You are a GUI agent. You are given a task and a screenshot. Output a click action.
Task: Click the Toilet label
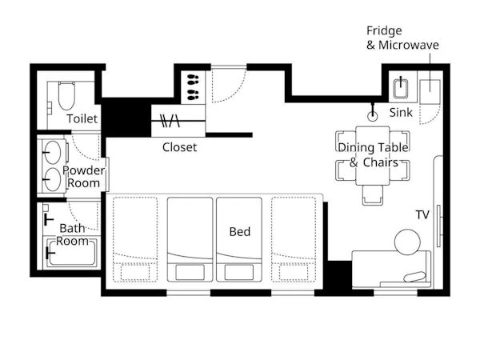(x=82, y=118)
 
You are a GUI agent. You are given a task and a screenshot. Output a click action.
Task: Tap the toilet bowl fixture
(x=66, y=95)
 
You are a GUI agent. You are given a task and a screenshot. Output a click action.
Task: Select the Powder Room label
(x=83, y=177)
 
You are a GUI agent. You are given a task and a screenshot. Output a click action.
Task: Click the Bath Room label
(x=72, y=234)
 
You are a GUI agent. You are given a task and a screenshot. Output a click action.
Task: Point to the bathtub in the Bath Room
(x=72, y=252)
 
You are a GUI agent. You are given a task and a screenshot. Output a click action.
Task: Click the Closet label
(x=179, y=147)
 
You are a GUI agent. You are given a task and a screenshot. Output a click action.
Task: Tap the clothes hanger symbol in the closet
(x=170, y=121)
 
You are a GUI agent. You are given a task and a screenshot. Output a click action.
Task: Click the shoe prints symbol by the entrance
(x=193, y=87)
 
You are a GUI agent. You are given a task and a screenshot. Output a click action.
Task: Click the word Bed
(x=240, y=231)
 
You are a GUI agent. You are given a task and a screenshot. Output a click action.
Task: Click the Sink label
(x=401, y=113)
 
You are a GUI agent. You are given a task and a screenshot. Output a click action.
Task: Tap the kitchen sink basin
(x=401, y=88)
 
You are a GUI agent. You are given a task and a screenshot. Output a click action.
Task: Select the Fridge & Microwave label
(x=402, y=38)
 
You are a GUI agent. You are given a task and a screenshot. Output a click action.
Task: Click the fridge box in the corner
(x=430, y=92)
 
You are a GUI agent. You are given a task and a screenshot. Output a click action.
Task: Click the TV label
(x=422, y=215)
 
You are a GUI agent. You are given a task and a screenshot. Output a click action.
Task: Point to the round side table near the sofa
(x=407, y=242)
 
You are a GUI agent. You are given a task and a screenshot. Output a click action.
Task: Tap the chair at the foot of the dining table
(x=373, y=195)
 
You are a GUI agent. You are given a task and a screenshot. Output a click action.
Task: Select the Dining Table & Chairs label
(x=373, y=154)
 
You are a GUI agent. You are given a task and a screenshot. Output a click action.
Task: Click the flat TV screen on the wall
(x=439, y=226)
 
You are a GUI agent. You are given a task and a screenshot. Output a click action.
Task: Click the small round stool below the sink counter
(x=372, y=116)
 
